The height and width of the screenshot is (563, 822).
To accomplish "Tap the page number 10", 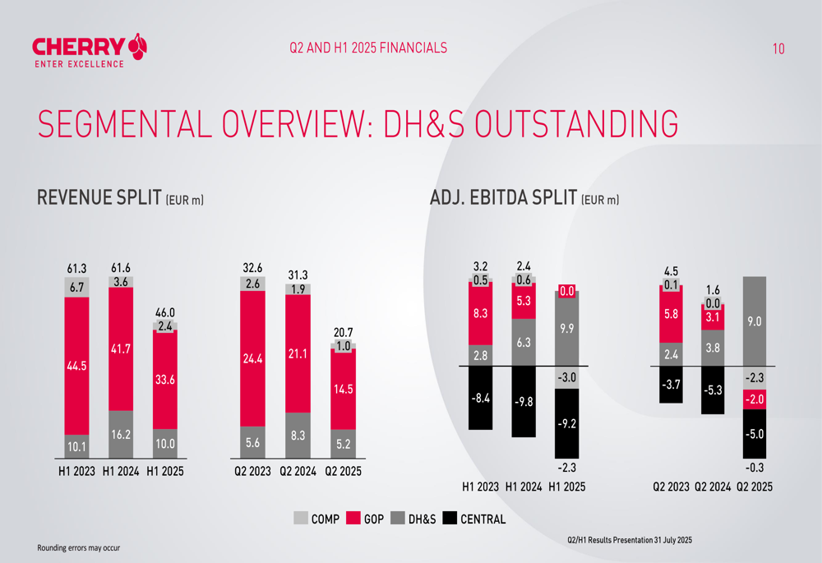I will pyautogui.click(x=778, y=48).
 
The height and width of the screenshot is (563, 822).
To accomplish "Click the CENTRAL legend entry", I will pyautogui.click(x=473, y=519).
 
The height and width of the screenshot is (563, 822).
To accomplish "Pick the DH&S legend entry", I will pyautogui.click(x=413, y=519).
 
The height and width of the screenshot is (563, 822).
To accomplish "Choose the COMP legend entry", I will pyautogui.click(x=316, y=519).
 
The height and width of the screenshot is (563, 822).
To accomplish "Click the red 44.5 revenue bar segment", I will pyautogui.click(x=76, y=367).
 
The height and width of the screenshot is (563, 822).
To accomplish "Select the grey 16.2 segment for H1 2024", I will pyautogui.click(x=121, y=434).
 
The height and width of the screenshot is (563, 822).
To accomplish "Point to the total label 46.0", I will pyautogui.click(x=165, y=313).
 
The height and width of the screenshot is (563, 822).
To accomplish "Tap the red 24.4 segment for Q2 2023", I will pyautogui.click(x=252, y=358).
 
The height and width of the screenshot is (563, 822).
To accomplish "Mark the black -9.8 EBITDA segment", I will pyautogui.click(x=523, y=402).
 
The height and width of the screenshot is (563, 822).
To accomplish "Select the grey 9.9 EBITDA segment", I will pyautogui.click(x=567, y=329).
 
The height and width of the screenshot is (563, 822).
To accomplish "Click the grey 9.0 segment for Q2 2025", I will pyautogui.click(x=754, y=321).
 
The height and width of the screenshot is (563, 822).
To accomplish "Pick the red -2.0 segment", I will pyautogui.click(x=754, y=399).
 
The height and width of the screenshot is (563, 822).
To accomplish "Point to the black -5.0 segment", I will pyautogui.click(x=754, y=433).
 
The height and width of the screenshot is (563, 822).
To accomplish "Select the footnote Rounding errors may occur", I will pyautogui.click(x=78, y=547).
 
